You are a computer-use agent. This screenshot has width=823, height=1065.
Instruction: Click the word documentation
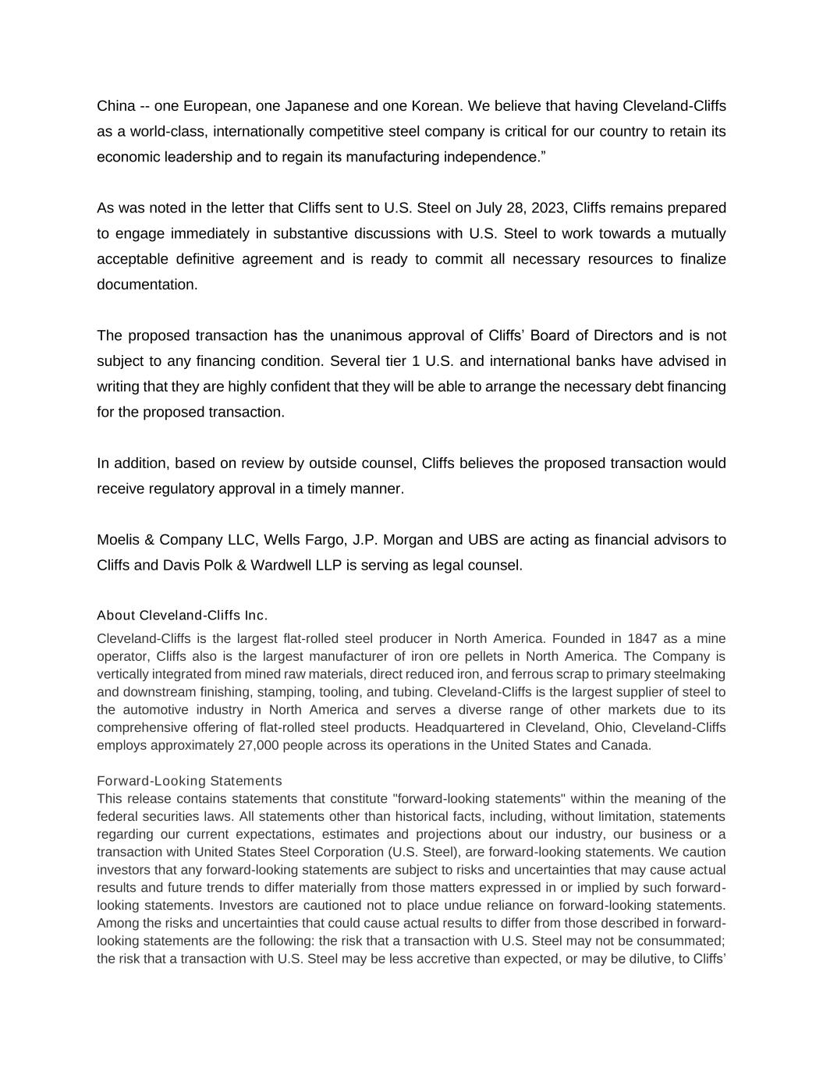pos(146,285)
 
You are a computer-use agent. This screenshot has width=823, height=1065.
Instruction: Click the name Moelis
pos(119,540)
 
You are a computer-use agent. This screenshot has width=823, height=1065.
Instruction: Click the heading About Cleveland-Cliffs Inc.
pos(182,616)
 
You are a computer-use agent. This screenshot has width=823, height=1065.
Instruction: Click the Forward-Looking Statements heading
pos(190,781)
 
